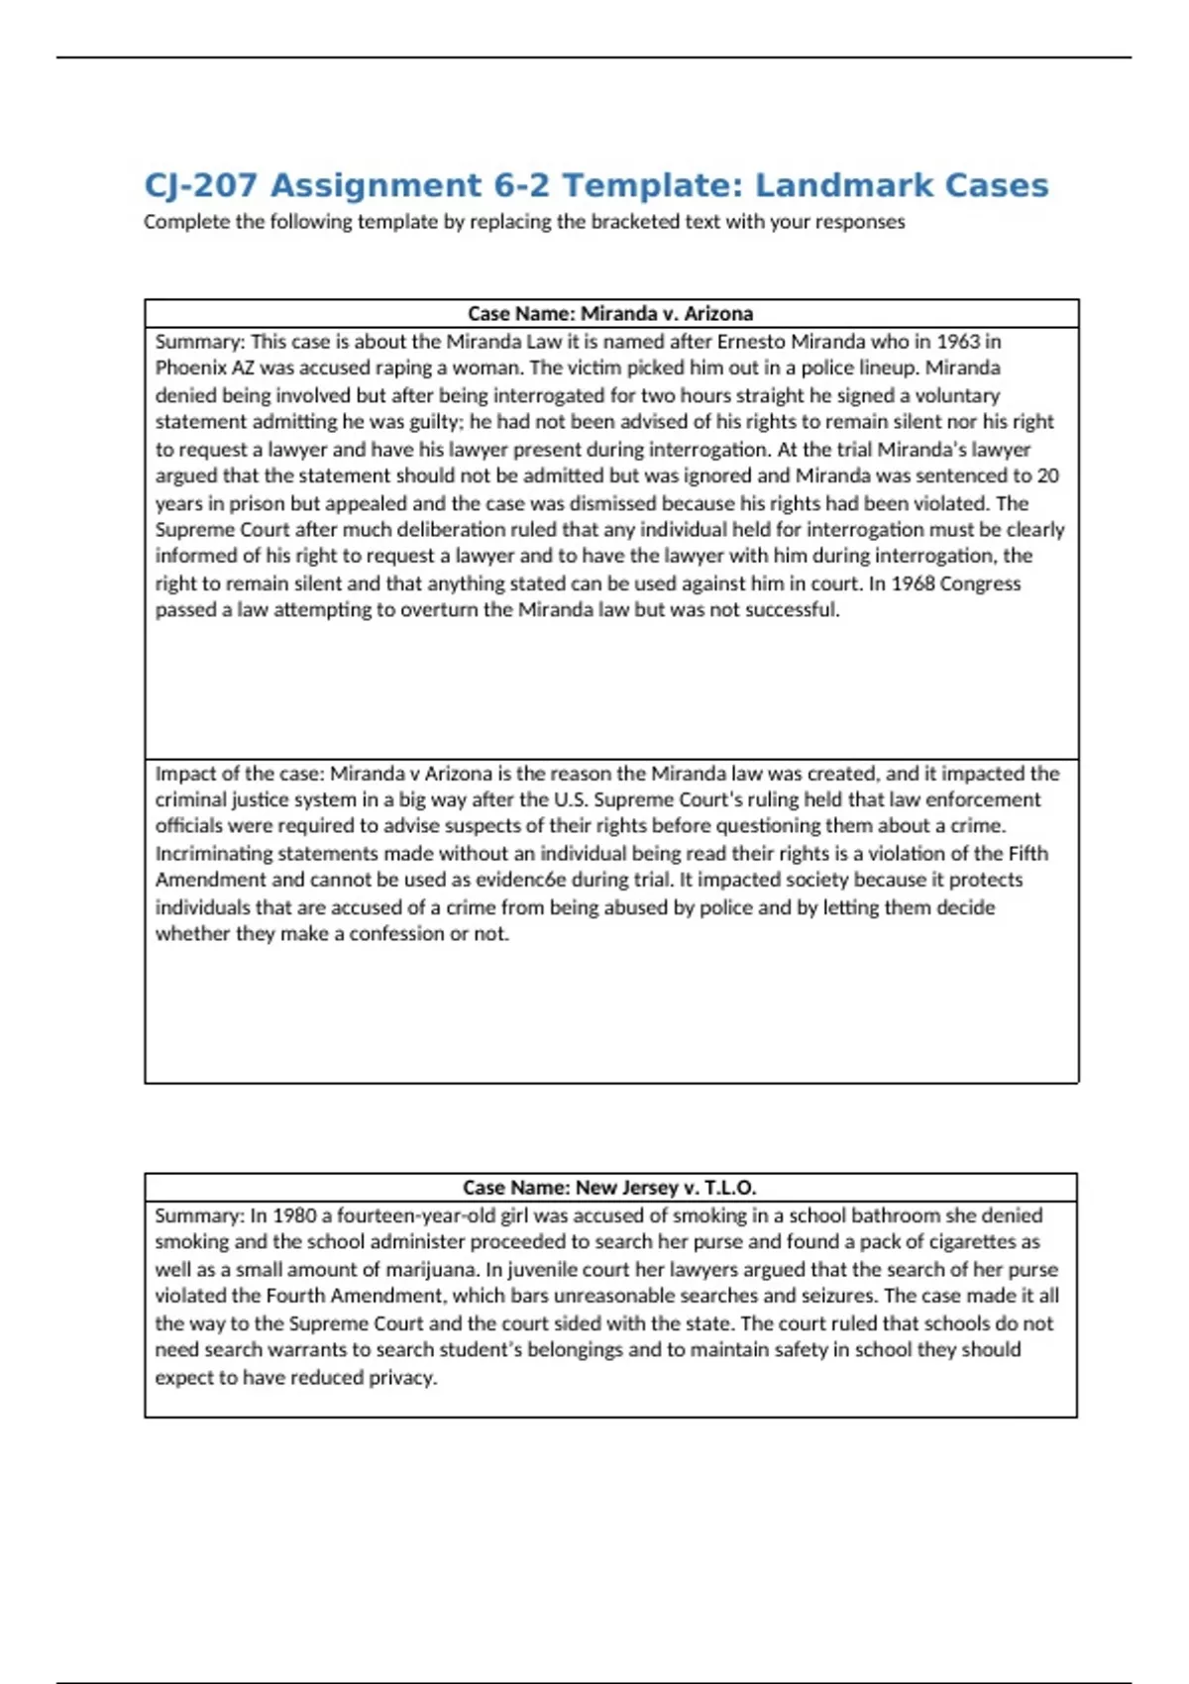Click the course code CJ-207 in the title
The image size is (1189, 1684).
click(201, 185)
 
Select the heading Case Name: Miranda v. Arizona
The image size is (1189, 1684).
click(610, 314)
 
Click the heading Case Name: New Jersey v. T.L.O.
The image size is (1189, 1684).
click(609, 1188)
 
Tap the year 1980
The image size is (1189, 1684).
click(294, 1215)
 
